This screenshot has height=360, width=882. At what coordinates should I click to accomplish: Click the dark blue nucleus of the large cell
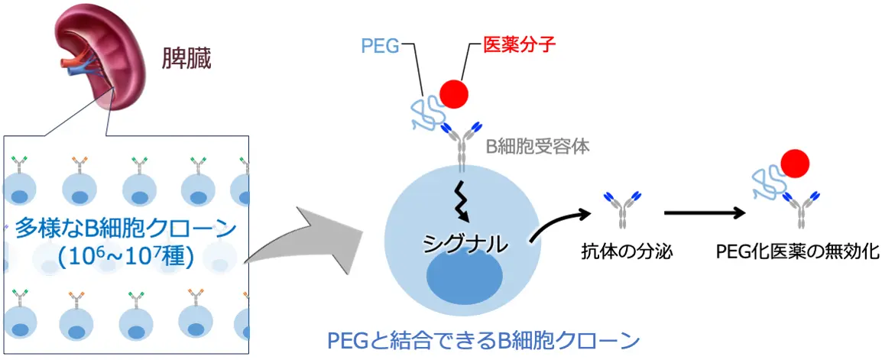(x=464, y=280)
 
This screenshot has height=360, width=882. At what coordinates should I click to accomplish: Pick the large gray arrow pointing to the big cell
(x=306, y=245)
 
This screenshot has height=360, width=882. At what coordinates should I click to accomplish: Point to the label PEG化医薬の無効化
(x=797, y=251)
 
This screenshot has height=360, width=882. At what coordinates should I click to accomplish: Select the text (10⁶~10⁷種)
(x=126, y=256)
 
